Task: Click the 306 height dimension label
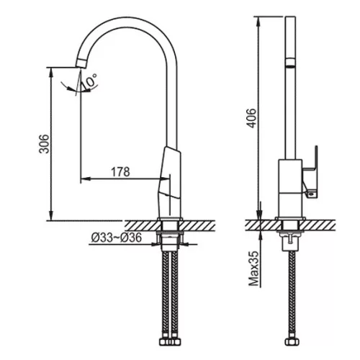tap(44, 144)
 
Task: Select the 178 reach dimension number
tap(120, 172)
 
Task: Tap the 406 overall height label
tap(252, 118)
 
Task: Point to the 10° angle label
tap(89, 81)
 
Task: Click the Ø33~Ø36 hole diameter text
tap(117, 238)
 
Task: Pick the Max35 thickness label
tap(254, 269)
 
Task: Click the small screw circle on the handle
tap(312, 193)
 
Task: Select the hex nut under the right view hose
tap(292, 342)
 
